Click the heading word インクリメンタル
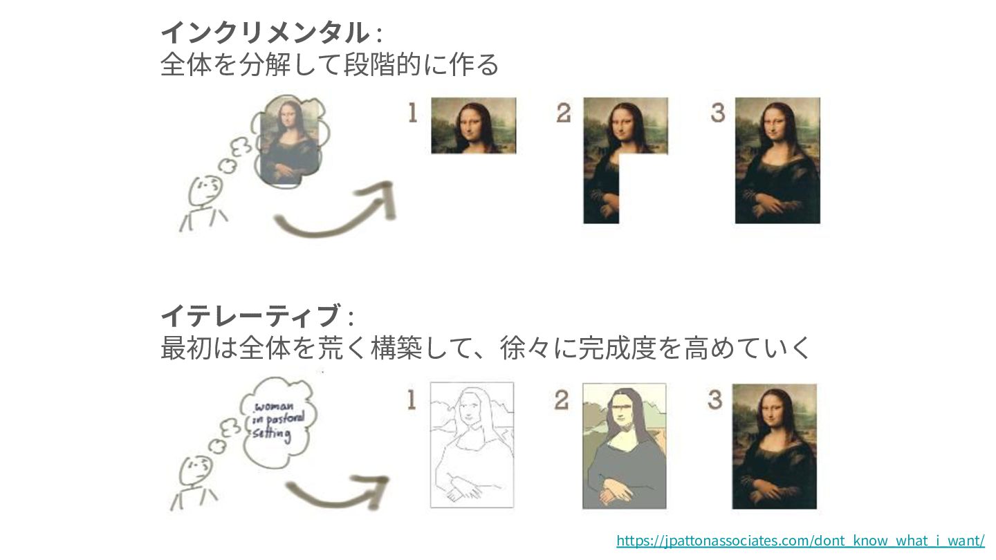click(x=265, y=33)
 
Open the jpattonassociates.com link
click(x=800, y=541)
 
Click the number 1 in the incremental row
click(x=413, y=113)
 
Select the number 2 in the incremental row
click(x=563, y=113)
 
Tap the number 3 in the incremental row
click(x=718, y=113)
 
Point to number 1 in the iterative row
click(x=412, y=400)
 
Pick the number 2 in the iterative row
click(x=561, y=400)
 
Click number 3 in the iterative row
click(x=715, y=400)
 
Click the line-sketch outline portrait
click(x=472, y=445)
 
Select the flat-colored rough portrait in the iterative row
click(x=625, y=446)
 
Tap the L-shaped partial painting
click(x=601, y=178)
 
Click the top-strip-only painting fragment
click(x=474, y=126)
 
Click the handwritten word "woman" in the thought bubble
click(x=274, y=407)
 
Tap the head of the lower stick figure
click(x=196, y=472)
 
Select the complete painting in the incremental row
click(x=777, y=160)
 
